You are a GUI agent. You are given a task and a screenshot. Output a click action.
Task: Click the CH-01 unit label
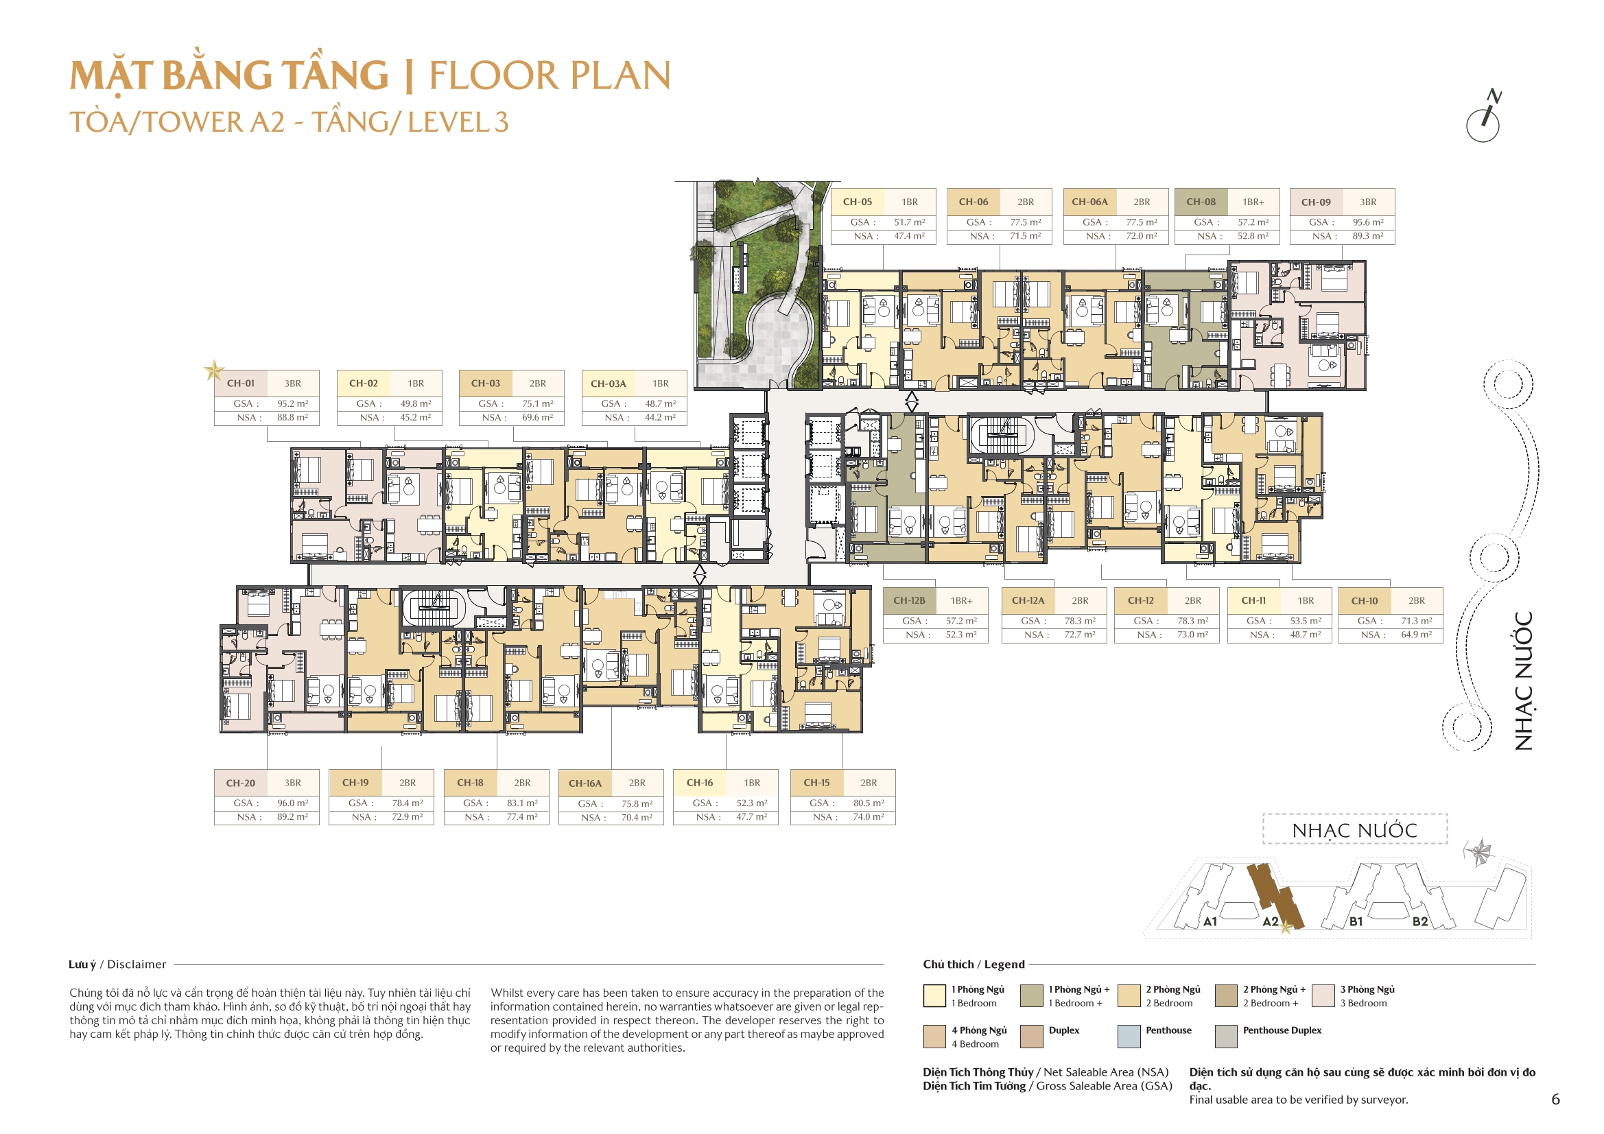click(240, 383)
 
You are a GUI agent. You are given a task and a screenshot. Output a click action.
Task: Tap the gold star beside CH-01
click(214, 370)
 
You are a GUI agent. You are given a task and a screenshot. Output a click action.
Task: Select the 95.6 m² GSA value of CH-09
click(1367, 222)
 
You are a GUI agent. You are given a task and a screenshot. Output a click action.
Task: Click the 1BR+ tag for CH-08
click(1253, 202)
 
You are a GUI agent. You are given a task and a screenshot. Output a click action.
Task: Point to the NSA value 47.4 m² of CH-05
click(909, 236)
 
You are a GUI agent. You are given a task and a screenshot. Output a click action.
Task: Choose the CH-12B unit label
click(909, 601)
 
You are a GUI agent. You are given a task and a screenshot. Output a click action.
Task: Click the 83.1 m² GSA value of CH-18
click(522, 803)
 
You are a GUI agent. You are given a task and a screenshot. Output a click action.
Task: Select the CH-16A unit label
click(585, 783)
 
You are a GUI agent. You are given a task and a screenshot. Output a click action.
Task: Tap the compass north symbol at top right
click(1484, 117)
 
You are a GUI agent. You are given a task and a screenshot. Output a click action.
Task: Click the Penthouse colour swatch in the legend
click(1129, 1036)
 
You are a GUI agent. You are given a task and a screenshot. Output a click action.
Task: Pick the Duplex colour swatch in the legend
click(1032, 1036)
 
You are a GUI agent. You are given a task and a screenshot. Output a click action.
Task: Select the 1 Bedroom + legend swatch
click(1032, 995)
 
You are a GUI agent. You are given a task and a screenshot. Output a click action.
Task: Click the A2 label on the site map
click(1270, 921)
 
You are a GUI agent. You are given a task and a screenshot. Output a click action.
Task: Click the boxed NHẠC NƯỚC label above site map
click(1354, 830)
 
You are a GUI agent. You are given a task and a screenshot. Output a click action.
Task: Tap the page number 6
click(1555, 1099)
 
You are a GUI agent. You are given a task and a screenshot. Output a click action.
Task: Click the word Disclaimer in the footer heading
click(137, 965)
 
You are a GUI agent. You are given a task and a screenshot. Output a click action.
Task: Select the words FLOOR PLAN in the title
click(550, 75)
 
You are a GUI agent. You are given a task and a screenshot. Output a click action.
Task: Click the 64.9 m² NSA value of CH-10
click(1415, 635)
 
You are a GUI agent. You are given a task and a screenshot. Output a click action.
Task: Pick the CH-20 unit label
click(240, 783)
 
